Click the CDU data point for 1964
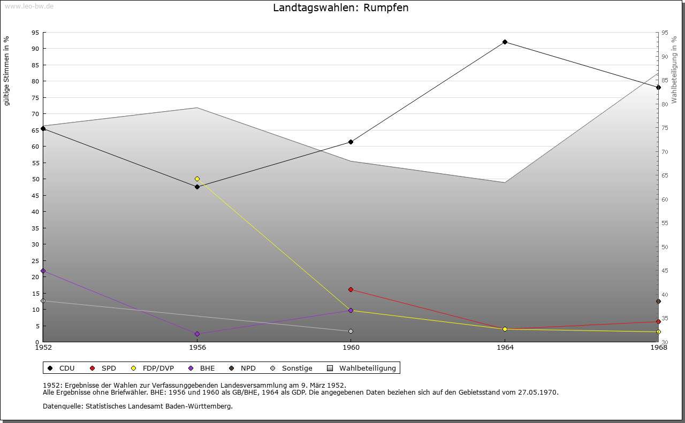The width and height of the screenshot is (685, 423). [505, 42]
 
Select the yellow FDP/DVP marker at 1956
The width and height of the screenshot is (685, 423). [197, 179]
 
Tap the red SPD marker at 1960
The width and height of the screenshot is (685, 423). [351, 289]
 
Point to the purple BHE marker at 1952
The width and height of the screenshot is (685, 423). [43, 271]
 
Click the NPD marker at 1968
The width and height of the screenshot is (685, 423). [658, 302]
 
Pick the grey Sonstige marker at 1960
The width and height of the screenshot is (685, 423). [351, 331]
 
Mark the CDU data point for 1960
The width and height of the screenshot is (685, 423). [351, 142]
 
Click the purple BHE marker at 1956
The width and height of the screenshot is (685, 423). [197, 334]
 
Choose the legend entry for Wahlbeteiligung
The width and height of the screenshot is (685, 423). [362, 368]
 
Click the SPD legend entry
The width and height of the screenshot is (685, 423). [103, 368]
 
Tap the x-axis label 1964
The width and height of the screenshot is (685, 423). [505, 348]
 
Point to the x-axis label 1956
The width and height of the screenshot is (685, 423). [197, 348]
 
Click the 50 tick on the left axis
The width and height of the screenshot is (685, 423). [35, 179]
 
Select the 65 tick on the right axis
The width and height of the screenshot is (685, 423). [665, 175]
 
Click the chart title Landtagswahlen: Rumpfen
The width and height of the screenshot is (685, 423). [341, 7]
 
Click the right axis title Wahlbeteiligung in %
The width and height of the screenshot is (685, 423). [674, 70]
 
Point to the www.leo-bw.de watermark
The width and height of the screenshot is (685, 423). [29, 5]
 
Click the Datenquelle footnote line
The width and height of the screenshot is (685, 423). [138, 406]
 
